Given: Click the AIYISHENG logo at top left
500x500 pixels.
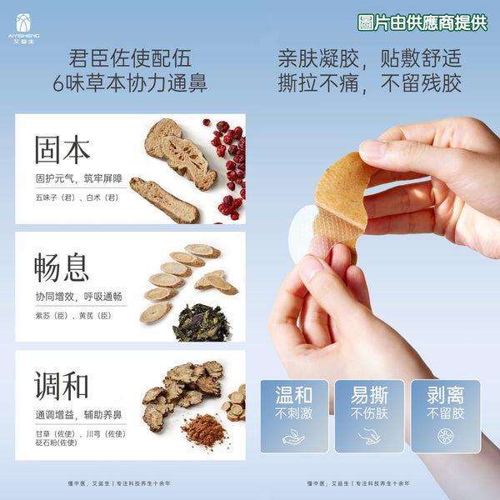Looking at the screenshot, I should [22, 27].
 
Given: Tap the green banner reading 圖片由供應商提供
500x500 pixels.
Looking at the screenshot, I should [422, 22].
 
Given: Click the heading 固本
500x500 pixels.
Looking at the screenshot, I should [62, 149].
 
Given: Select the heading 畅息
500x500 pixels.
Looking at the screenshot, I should [62, 267].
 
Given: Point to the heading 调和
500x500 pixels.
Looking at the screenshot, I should [62, 385].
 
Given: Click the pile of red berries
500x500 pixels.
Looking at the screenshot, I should [228, 167].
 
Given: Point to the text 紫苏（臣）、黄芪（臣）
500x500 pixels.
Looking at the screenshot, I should [73, 316].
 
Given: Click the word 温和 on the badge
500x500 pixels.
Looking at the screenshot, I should [293, 396].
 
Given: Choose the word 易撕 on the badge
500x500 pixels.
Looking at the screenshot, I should [369, 396].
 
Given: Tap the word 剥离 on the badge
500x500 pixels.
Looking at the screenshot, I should [445, 396].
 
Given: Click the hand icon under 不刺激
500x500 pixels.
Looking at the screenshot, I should [293, 436].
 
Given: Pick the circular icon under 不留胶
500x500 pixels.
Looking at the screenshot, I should [445, 436].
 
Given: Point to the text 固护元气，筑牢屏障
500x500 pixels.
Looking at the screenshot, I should [80, 178].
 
